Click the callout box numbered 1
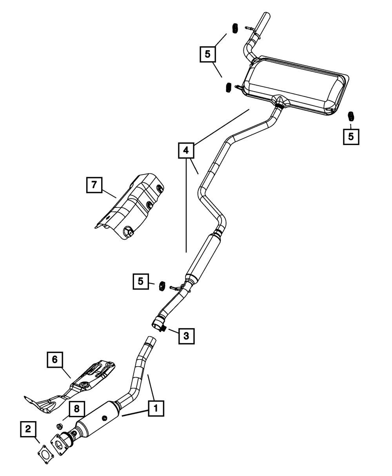pos(156,408)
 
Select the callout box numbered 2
pos(28,430)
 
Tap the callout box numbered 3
pos(186,336)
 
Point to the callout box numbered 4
pos(186,150)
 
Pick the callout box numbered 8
pos(77,409)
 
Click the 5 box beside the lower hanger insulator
pos(141,281)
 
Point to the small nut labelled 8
pos(60,426)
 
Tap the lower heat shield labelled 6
pos(78,386)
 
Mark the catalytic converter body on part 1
pos(98,421)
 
